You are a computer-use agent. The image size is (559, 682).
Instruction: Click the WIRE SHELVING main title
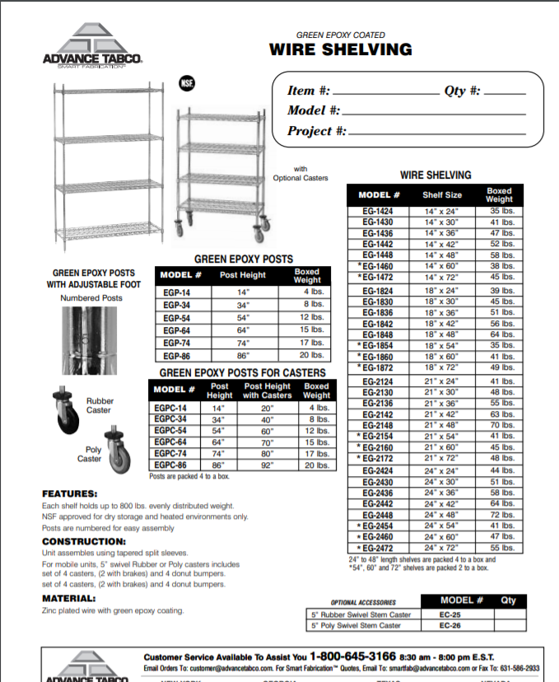point(340,50)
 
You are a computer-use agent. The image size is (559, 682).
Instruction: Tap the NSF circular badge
point(187,82)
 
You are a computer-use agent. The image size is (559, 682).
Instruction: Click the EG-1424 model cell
point(378,211)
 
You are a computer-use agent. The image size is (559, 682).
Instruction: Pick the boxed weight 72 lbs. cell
point(499,515)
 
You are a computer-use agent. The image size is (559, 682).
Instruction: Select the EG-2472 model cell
point(378,547)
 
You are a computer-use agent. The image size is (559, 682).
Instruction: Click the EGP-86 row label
point(176,355)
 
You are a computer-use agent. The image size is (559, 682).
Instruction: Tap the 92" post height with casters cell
point(267,465)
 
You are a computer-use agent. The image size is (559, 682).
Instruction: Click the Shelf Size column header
point(442,195)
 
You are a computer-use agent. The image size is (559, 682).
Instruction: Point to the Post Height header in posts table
point(242,275)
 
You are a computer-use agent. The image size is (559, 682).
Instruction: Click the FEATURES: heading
point(70,493)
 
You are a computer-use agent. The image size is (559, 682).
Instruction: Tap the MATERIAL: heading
point(69,598)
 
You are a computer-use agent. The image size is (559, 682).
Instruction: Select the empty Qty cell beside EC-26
point(508,625)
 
